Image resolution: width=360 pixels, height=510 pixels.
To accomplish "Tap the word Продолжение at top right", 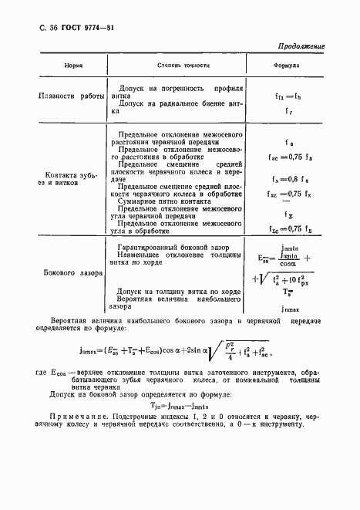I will pos(300,46).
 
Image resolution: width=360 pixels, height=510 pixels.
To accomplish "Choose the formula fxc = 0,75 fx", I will pos(288,194).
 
